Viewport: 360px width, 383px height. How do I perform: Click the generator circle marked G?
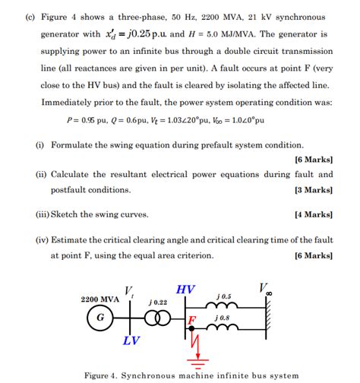(99, 318)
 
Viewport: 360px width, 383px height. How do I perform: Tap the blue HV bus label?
(185, 290)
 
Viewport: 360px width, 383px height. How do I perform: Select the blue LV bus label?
(131, 340)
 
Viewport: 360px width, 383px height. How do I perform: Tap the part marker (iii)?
(44, 214)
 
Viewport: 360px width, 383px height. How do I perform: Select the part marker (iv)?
(44, 239)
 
